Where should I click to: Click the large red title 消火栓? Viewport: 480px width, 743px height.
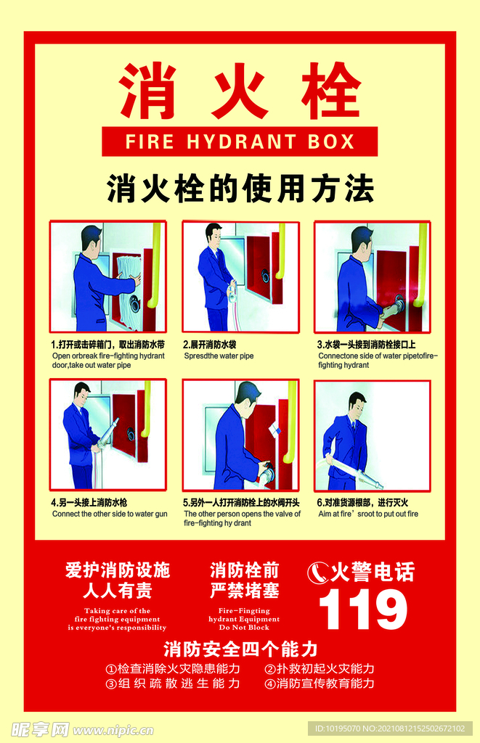(x=240, y=91)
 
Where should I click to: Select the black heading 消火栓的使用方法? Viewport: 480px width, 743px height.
(x=240, y=189)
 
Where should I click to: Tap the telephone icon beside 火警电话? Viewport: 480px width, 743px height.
(x=318, y=572)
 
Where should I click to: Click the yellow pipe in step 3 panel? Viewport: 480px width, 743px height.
(x=419, y=265)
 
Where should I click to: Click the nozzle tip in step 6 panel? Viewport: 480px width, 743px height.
(x=378, y=484)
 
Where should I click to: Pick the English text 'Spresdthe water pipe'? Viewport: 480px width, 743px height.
(x=219, y=356)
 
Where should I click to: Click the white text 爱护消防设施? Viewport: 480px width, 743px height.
(x=117, y=570)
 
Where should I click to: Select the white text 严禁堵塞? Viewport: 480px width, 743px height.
(x=244, y=590)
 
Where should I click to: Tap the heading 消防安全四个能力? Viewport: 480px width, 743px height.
(x=240, y=648)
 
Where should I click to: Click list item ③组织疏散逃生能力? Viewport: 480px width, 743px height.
(x=173, y=684)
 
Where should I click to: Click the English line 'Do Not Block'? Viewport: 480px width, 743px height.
(x=244, y=628)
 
